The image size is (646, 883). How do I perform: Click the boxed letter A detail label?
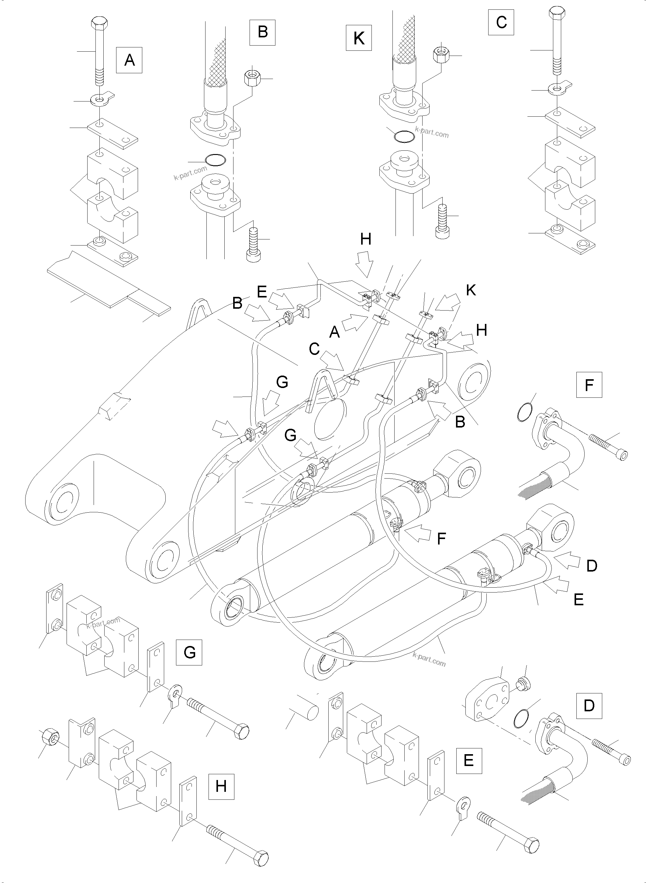click(129, 60)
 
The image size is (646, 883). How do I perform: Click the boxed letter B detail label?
click(263, 31)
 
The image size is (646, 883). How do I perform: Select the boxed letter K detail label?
click(359, 38)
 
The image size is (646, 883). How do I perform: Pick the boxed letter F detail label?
click(589, 385)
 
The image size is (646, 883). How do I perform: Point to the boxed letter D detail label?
click(589, 706)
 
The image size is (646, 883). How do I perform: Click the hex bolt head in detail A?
click(98, 23)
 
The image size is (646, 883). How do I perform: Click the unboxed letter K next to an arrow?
click(471, 290)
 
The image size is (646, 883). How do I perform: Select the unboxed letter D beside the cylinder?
click(592, 565)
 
